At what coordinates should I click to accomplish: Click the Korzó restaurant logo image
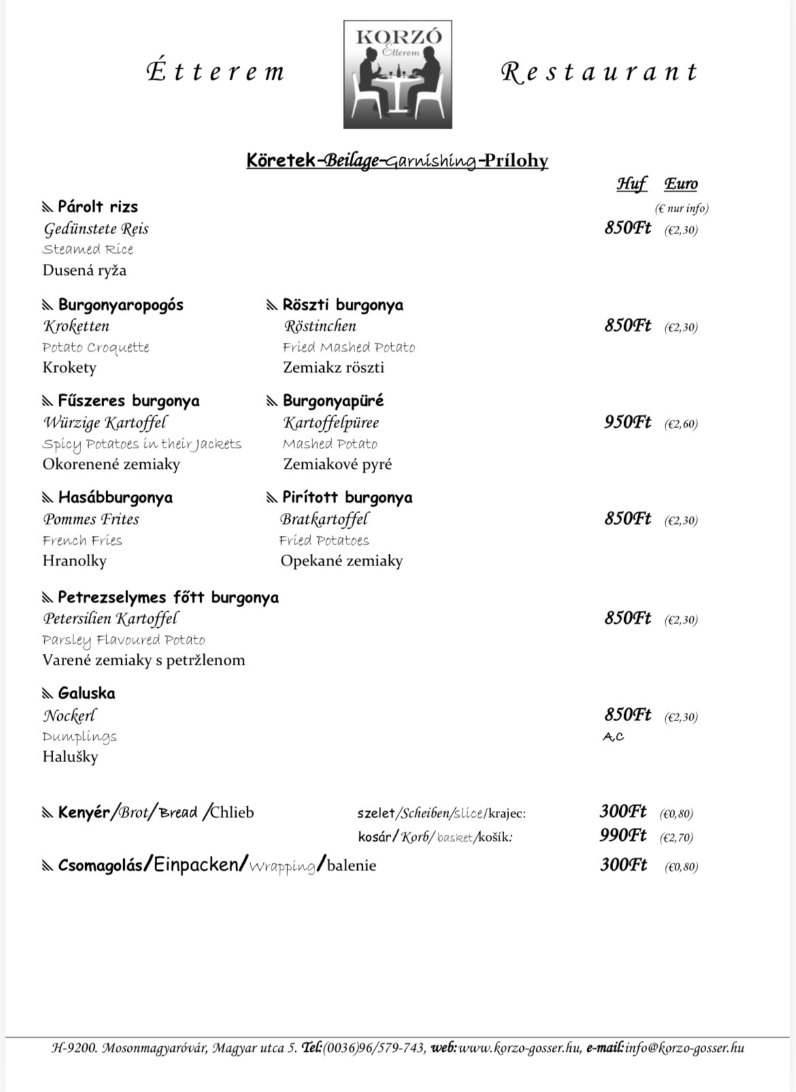397,74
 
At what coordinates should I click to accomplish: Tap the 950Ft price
627,423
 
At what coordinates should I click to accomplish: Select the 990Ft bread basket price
623,835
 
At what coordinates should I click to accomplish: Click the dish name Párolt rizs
97,207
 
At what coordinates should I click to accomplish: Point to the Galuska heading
86,693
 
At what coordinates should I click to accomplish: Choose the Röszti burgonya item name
342,305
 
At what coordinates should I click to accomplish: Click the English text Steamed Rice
88,249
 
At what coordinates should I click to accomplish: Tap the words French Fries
82,540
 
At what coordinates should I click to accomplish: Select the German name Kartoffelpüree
331,423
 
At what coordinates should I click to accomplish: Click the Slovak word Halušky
70,757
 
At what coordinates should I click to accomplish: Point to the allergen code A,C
613,737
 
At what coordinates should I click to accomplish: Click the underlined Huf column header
631,184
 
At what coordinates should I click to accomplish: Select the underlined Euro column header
681,184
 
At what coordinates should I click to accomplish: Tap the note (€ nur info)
681,208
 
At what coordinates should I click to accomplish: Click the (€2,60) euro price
681,424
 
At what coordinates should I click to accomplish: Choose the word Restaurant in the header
599,72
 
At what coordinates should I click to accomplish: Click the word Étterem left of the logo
216,72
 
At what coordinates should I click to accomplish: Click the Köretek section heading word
281,161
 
